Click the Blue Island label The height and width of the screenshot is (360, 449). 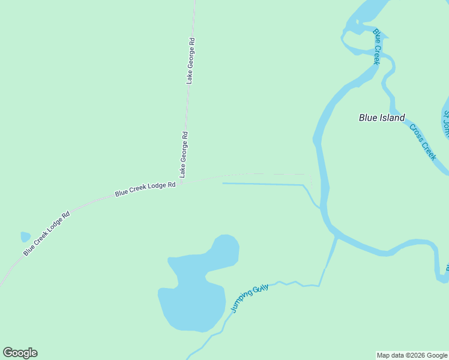pos(382,118)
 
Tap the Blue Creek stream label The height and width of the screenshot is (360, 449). pos(377,47)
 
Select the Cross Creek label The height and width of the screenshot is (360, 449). pos(422,142)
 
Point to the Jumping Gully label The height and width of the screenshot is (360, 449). pos(249,298)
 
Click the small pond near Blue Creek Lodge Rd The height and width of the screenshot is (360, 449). pos(25,237)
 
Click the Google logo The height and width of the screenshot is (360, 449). pos(20,353)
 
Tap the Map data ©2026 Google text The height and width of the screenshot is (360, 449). pos(412,355)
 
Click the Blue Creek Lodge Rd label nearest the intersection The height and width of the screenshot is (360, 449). pos(145,189)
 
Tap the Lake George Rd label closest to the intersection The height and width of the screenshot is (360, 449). pos(184,154)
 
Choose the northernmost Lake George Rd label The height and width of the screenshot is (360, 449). pos(190,61)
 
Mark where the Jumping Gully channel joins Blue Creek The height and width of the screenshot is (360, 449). pos(336,238)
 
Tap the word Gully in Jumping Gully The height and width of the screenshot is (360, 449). pos(261,290)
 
